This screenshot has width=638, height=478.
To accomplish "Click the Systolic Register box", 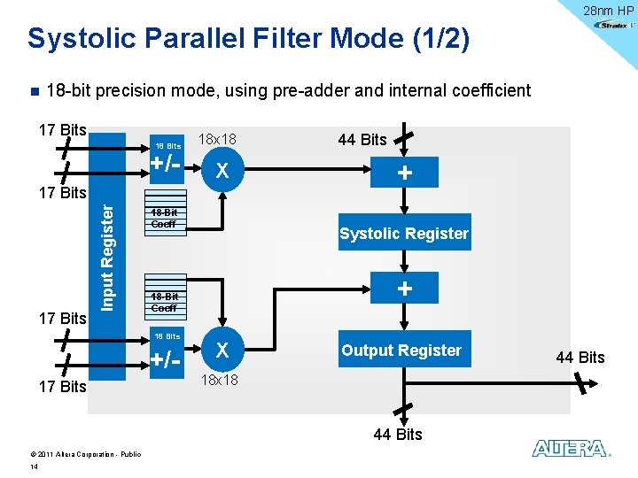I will pyautogui.click(x=404, y=234).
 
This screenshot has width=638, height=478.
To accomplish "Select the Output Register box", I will pyautogui.click(x=401, y=351).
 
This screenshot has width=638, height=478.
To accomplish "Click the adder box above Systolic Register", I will pyautogui.click(x=404, y=173).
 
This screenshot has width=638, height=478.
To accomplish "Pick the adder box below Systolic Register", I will pyautogui.click(x=404, y=289).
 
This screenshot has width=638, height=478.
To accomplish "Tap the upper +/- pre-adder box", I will pyautogui.click(x=167, y=165).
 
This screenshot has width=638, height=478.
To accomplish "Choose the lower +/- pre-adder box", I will pyautogui.click(x=167, y=360).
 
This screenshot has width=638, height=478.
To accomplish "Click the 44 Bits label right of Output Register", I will pyautogui.click(x=580, y=358).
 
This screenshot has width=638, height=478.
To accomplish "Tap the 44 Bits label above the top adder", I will pyautogui.click(x=362, y=139).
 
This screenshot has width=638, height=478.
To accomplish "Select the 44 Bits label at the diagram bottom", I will pyautogui.click(x=398, y=434).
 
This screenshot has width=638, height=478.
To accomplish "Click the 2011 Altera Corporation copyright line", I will pyautogui.click(x=79, y=454).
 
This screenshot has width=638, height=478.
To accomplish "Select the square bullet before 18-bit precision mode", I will pyautogui.click(x=34, y=91).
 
